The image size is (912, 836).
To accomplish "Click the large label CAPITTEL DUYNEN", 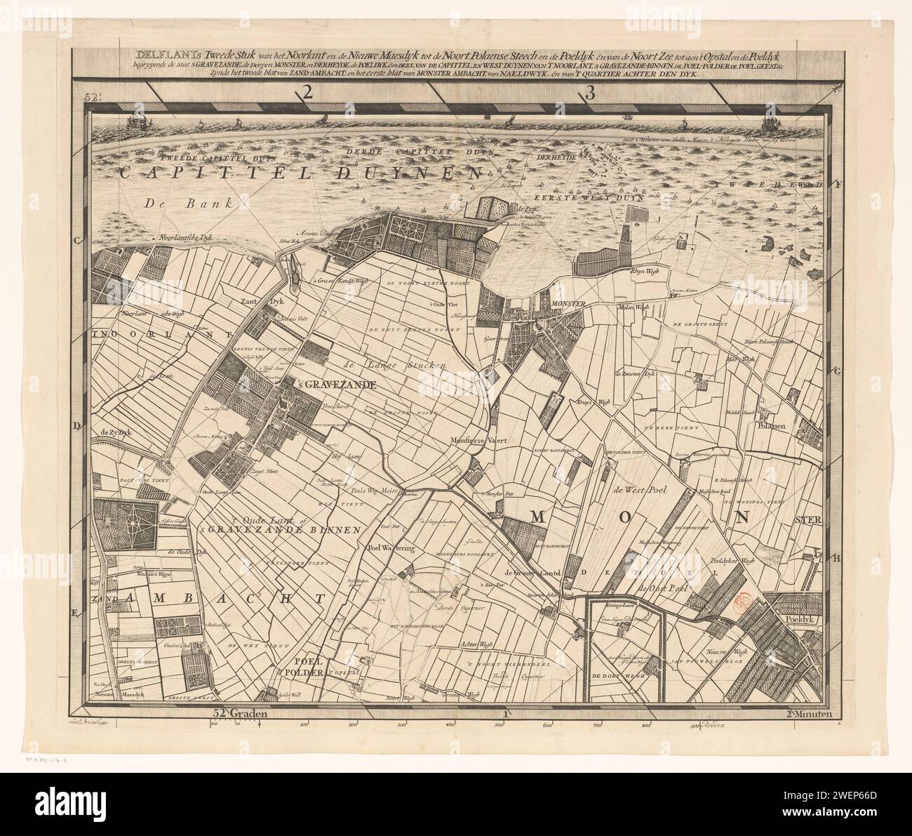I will [x=298, y=173].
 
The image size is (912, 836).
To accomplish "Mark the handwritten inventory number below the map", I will [x=55, y=760].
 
